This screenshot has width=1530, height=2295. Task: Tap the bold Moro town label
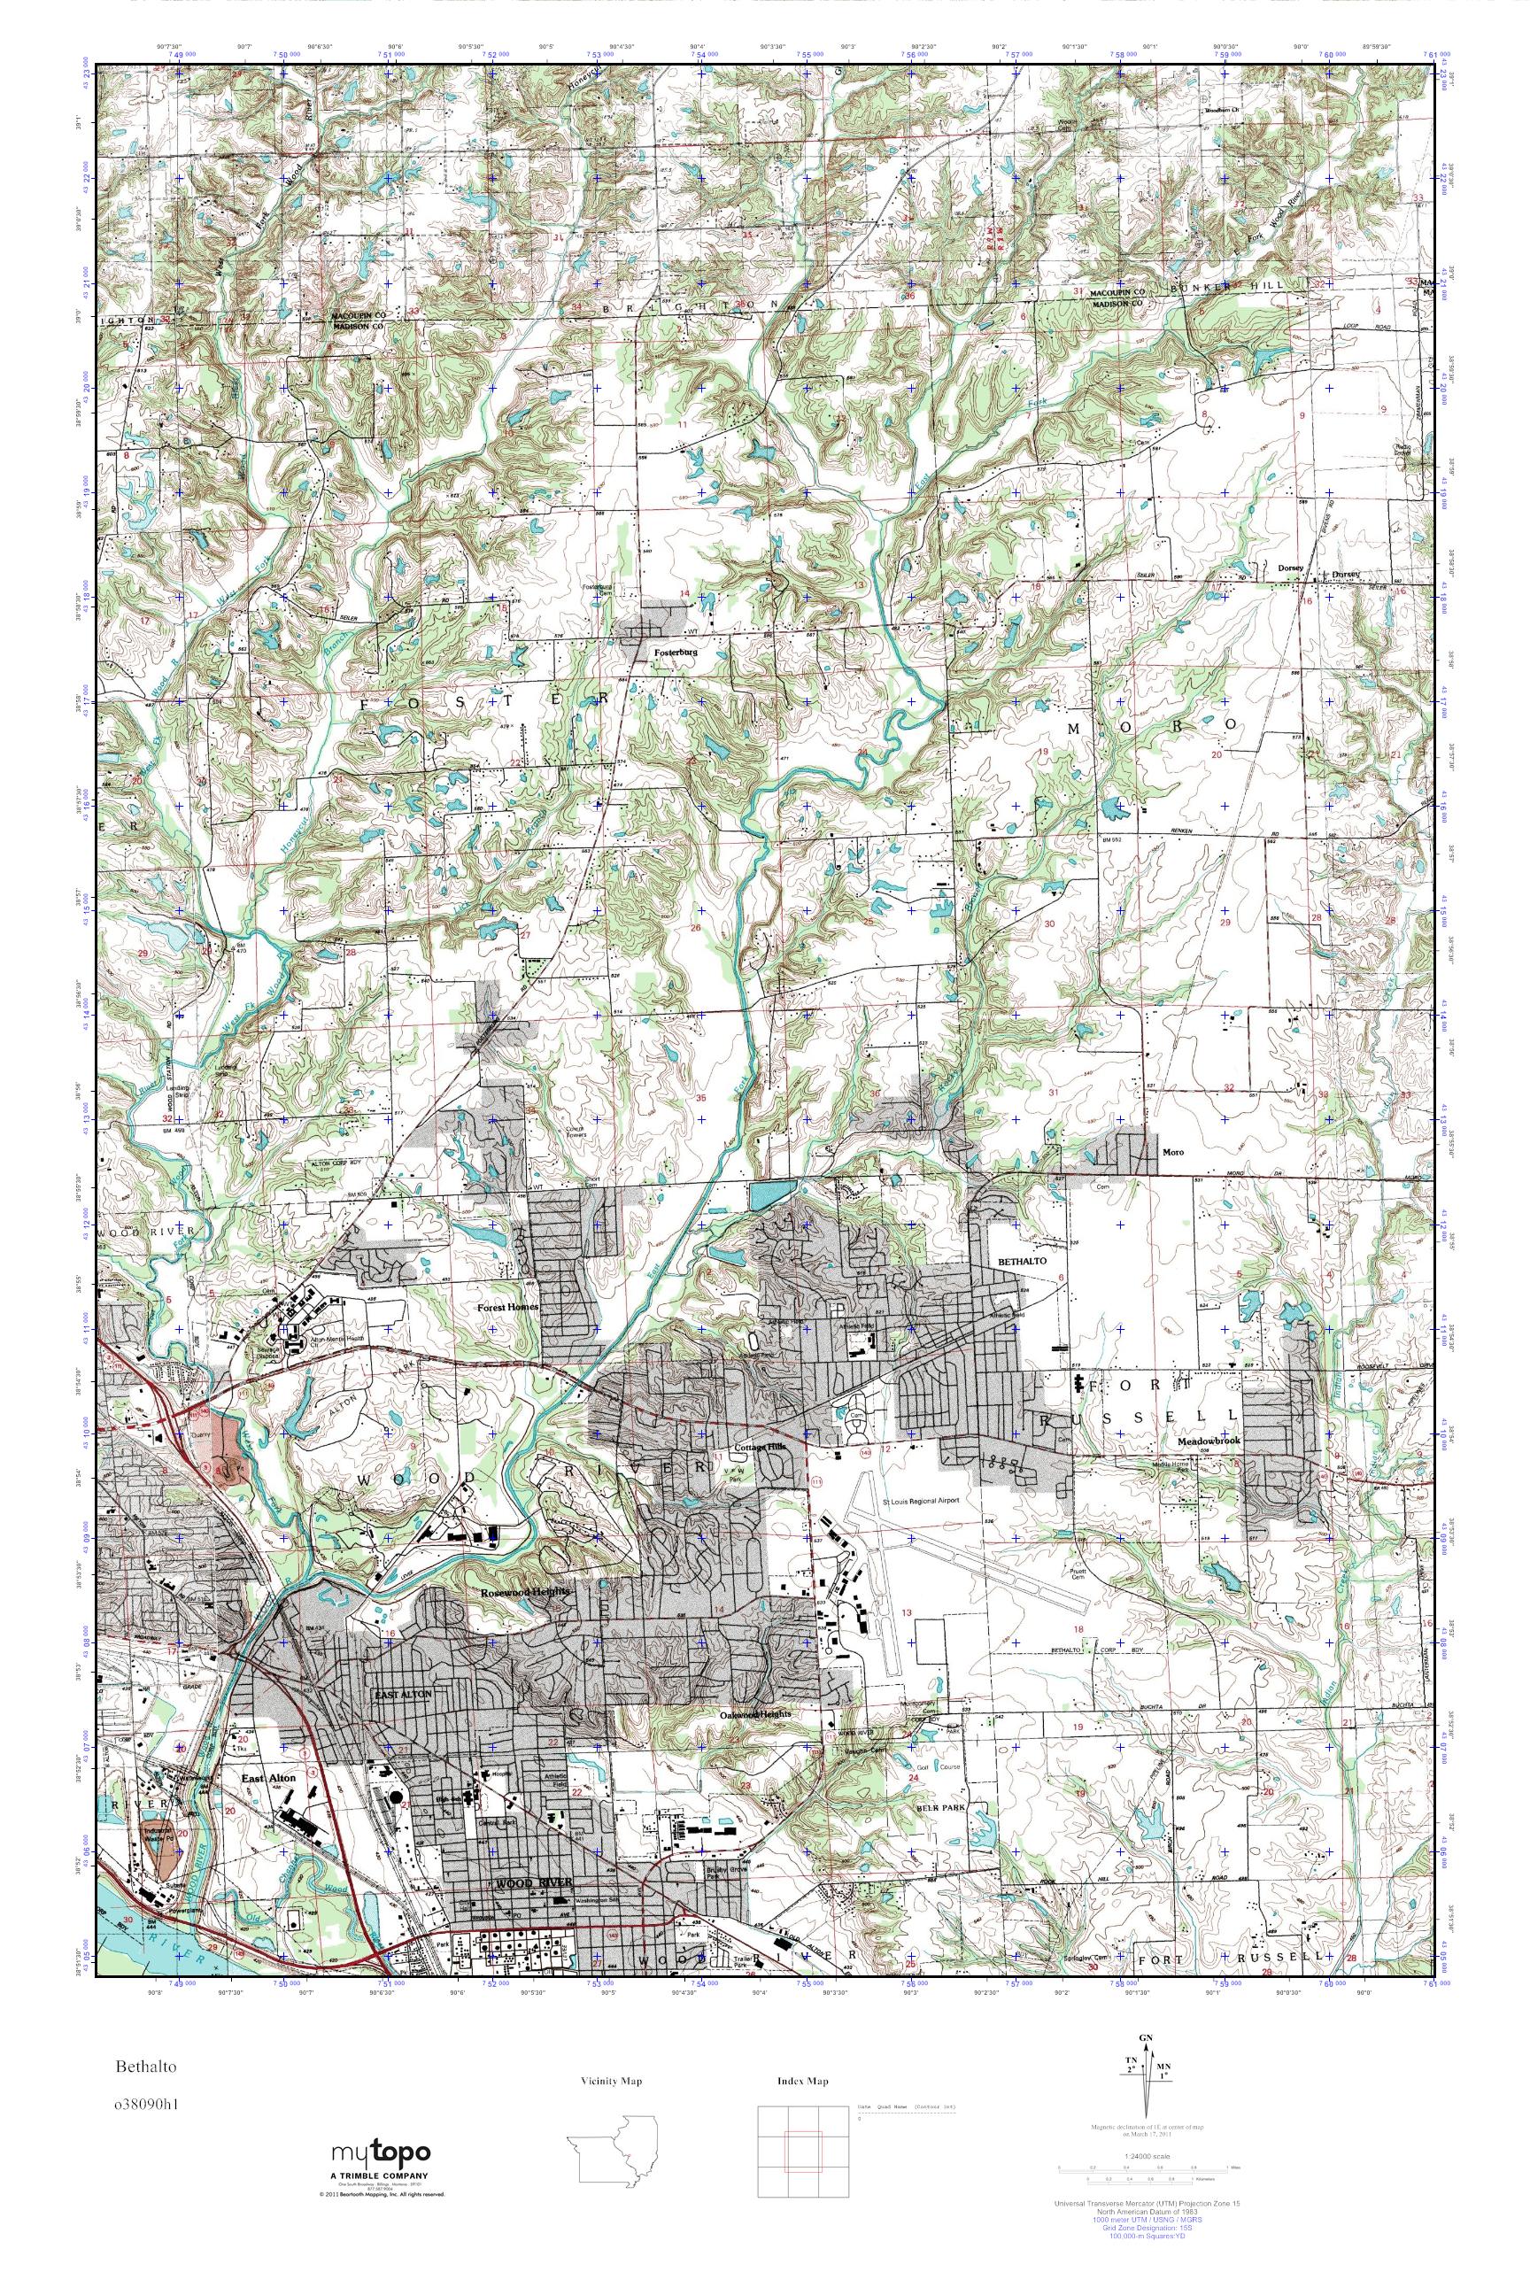pos(1172,1153)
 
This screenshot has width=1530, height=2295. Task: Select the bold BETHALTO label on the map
pos(1020,1261)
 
